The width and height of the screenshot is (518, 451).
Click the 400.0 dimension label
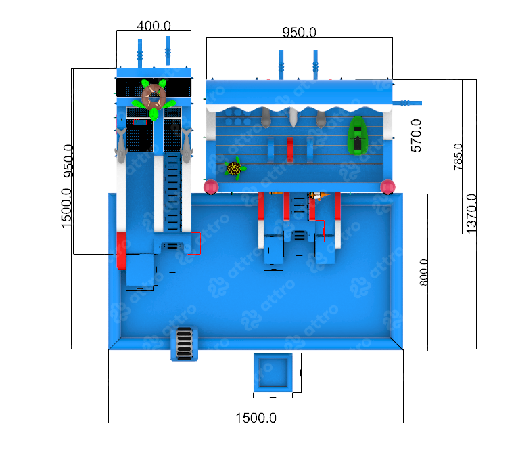154,26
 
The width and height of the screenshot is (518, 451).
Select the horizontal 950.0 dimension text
299,32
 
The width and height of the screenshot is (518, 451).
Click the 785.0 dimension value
459,156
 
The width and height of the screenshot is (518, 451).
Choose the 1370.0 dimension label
471,214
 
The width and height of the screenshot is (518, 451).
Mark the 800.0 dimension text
424,272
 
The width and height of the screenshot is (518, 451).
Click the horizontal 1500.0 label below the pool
256,418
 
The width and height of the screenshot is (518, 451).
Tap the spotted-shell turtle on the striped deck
234,167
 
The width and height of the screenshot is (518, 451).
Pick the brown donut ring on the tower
154,95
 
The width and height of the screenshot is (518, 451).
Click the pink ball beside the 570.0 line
387,186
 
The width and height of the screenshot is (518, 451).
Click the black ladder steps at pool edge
184,343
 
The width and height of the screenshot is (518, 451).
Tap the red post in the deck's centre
290,150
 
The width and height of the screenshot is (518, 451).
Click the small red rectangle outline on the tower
140,123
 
